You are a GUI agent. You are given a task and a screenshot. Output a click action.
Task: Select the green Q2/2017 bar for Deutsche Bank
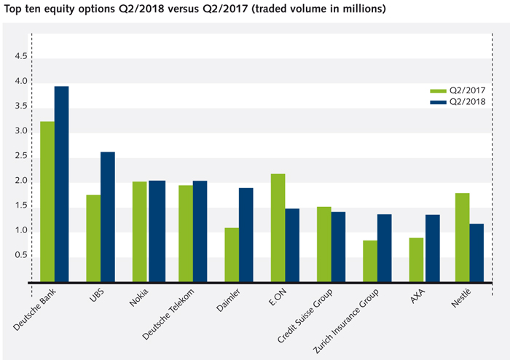(47, 201)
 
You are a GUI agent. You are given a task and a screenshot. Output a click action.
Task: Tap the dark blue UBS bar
(108, 216)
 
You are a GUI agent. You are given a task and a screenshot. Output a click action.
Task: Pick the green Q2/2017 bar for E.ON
(278, 227)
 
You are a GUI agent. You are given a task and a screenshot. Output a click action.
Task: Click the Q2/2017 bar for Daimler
(232, 254)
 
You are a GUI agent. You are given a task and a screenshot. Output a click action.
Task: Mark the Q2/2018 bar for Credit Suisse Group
(338, 246)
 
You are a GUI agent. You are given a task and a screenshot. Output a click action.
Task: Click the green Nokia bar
(139, 231)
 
